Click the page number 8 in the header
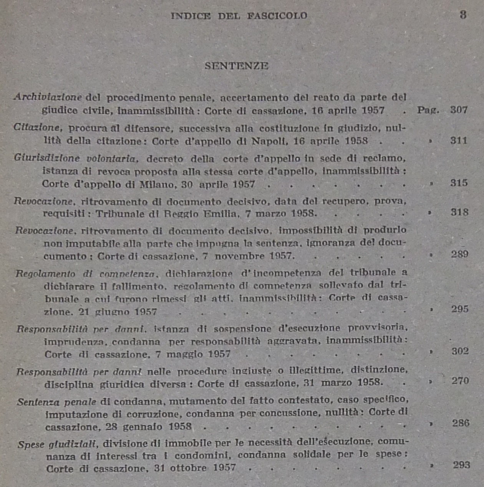[463, 15]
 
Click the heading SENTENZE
[236, 66]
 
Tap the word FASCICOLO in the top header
[277, 16]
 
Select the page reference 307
[459, 110]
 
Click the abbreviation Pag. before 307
[428, 110]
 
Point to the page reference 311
[459, 141]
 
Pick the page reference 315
[459, 183]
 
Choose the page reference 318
[459, 212]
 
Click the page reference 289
[459, 254]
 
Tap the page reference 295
[460, 309]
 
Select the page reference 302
[460, 351]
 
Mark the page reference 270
[460, 381]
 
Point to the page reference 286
[461, 423]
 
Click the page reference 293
[461, 465]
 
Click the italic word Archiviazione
[48, 97]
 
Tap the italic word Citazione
[36, 127]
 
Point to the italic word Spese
[31, 445]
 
